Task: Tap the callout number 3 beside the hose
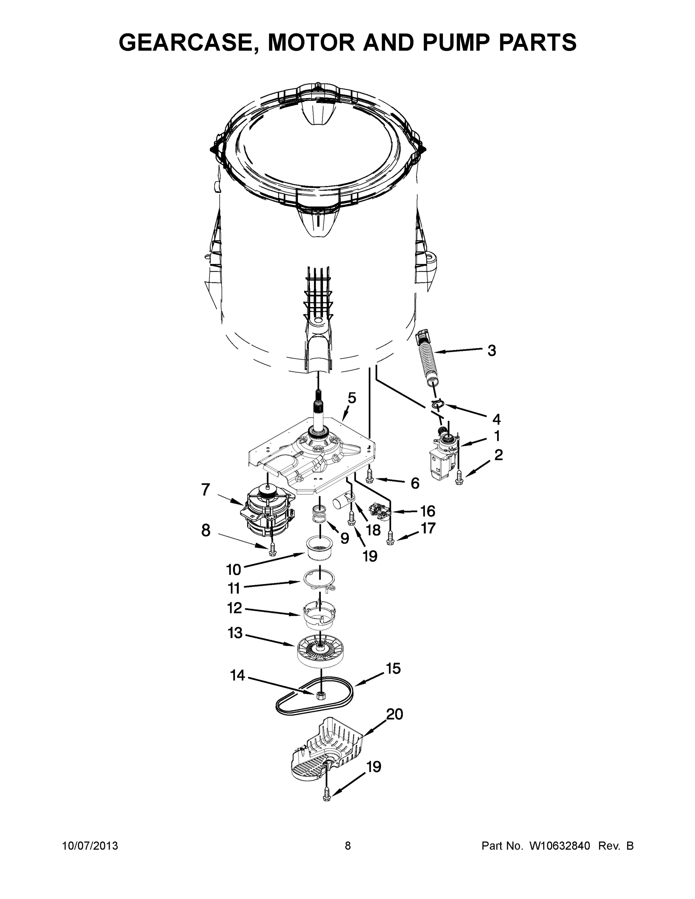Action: tap(492, 351)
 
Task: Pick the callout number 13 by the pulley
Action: tap(235, 633)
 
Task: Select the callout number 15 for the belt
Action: tap(393, 669)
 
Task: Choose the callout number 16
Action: tap(428, 511)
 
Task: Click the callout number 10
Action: tap(233, 570)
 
